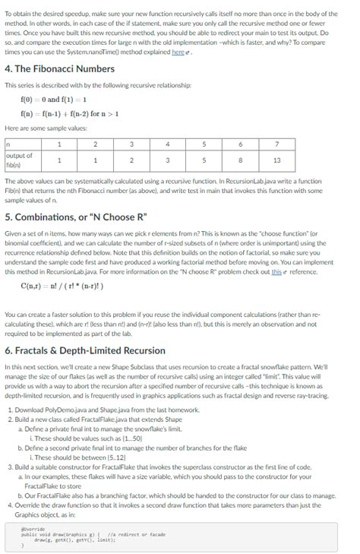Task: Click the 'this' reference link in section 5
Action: (x=276, y=271)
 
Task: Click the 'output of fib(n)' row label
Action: (x=18, y=160)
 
